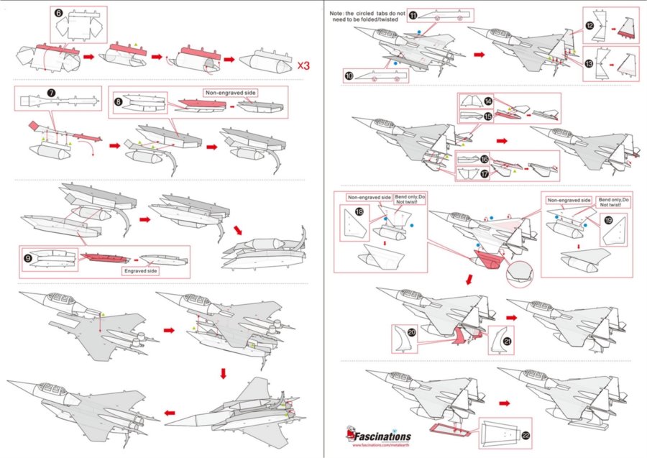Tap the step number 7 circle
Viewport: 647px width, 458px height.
pos(51,93)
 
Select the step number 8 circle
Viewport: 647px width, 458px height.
pos(119,102)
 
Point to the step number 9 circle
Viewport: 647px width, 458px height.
pos(29,255)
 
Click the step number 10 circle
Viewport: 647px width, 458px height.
pos(349,75)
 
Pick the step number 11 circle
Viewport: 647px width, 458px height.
pos(413,15)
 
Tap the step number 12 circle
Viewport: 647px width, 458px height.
pos(589,25)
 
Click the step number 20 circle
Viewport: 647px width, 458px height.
pos(412,332)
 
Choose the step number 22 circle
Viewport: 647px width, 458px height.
pos(527,436)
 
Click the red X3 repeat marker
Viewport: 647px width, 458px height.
pos(304,65)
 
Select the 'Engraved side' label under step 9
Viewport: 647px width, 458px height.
pos(142,271)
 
